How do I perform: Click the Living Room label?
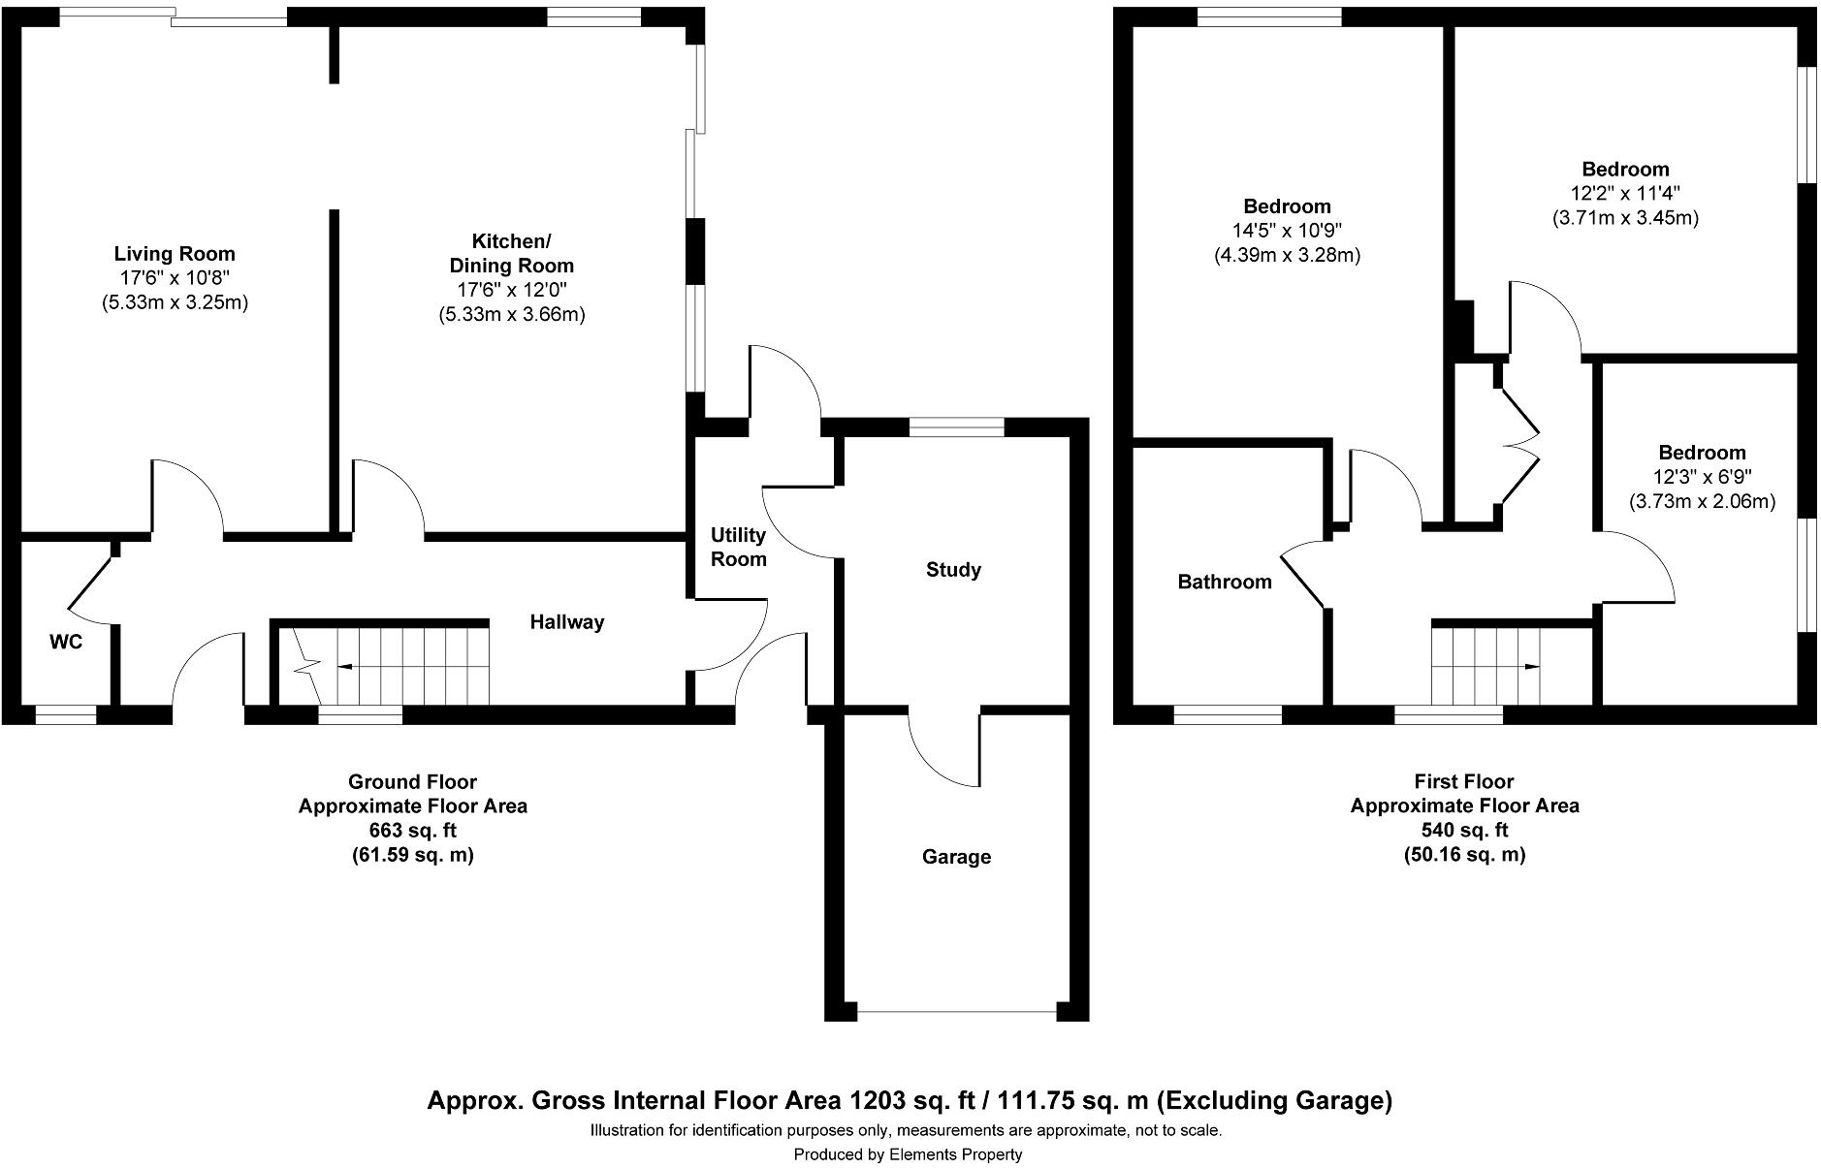(175, 254)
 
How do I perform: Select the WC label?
(66, 642)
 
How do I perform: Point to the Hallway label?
(566, 622)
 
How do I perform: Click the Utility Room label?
(738, 547)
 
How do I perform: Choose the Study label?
(953, 570)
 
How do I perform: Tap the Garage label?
(956, 857)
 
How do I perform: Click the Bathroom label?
(1224, 582)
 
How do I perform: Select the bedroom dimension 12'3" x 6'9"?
(1702, 477)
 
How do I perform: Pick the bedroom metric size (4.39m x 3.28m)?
(1287, 256)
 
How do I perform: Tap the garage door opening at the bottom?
(956, 1013)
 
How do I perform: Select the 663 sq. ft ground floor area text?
(412, 831)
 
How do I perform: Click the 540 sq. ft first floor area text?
(1464, 831)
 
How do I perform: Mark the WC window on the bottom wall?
(66, 715)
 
